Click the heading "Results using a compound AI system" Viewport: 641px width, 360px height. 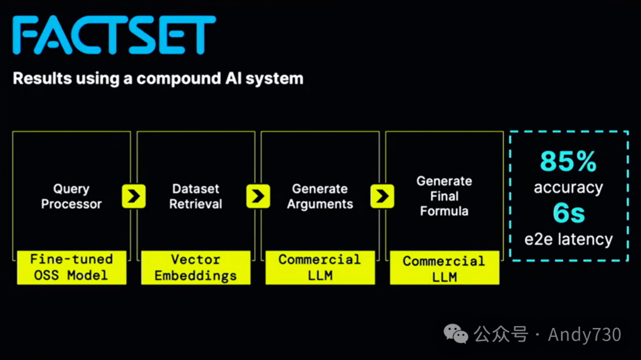158,79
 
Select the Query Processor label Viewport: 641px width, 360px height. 71,196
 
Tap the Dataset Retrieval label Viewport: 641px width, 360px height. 196,196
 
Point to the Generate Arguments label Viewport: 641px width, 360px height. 320,196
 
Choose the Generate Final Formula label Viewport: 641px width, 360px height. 445,196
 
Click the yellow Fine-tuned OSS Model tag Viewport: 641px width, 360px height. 71,267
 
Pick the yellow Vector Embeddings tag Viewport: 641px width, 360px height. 196,267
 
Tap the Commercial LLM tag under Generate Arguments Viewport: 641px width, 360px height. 320,267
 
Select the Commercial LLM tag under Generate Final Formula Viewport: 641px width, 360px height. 444,268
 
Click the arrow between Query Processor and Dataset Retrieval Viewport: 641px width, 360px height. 134,196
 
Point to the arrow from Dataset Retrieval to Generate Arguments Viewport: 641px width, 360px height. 258,196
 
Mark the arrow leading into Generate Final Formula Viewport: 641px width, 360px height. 382,196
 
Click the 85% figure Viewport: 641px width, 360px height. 568,161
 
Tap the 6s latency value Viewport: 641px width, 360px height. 569,214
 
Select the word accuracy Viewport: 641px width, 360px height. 568,188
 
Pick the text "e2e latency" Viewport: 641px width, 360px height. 568,240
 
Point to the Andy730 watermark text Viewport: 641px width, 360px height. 584,334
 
